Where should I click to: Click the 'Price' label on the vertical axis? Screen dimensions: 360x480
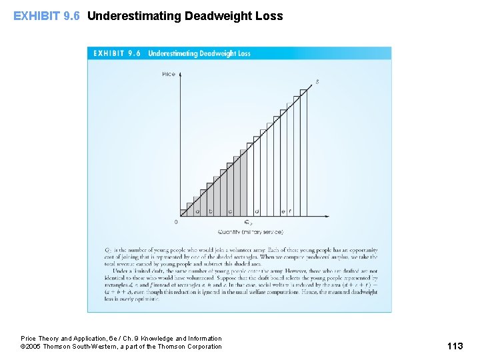(169, 74)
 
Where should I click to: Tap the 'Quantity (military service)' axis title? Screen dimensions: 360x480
(250, 232)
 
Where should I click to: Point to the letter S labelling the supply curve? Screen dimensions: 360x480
(317, 82)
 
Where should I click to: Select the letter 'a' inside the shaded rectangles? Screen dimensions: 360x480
(197, 211)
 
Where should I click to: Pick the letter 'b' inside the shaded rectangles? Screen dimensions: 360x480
(211, 211)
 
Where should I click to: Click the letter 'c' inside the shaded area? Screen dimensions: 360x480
(230, 211)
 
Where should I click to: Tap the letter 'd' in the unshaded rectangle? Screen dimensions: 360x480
(257, 211)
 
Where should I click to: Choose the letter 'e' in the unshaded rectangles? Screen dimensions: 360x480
(283, 211)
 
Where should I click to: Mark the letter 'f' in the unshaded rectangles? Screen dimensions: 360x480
(290, 211)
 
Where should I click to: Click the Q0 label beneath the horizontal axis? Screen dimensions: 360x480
(248, 222)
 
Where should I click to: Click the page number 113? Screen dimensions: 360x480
(455, 345)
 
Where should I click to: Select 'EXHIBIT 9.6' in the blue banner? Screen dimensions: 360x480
(117, 53)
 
